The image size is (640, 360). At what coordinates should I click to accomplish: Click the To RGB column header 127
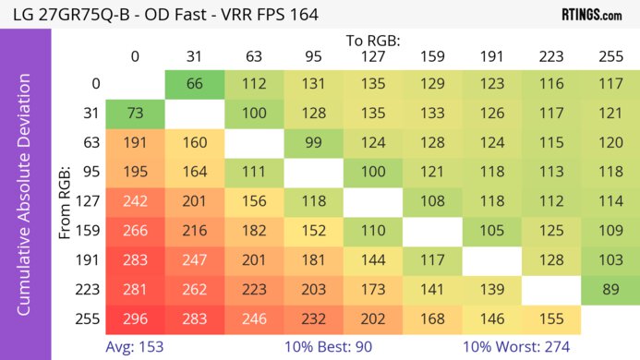point(372,56)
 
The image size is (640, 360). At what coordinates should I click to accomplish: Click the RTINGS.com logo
point(591,15)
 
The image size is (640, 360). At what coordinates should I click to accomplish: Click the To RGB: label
point(373,41)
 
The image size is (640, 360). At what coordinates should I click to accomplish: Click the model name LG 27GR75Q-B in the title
point(58,15)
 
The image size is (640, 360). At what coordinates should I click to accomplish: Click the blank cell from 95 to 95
point(313,173)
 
